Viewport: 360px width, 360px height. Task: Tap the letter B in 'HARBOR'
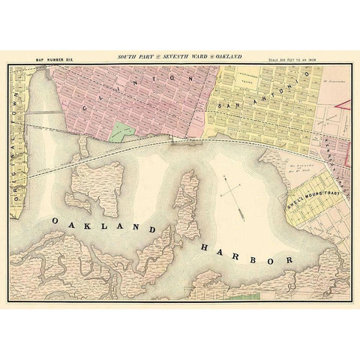[x=256, y=256]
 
